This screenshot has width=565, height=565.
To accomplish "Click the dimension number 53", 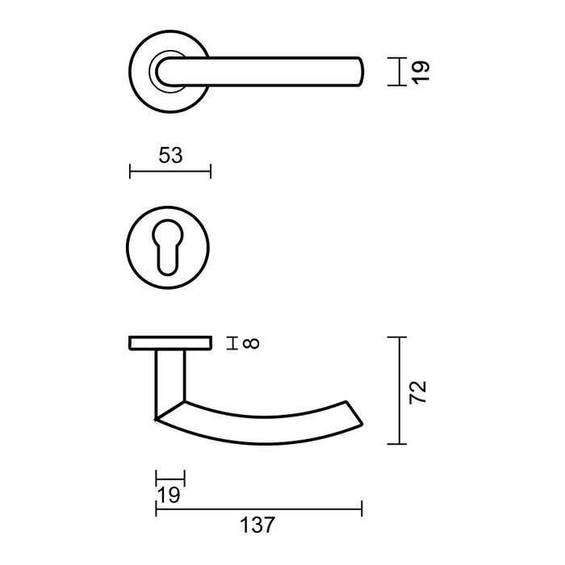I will point(170,156).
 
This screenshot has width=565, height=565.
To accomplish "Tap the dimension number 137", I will point(258,525).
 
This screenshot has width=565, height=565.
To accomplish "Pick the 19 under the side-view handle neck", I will point(169,495).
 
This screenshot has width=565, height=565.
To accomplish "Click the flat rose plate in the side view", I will point(170,345).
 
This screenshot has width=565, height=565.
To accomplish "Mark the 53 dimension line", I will point(170,171).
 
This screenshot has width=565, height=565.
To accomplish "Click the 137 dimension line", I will point(258,508).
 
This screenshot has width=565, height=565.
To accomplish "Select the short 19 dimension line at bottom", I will point(170,479).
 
